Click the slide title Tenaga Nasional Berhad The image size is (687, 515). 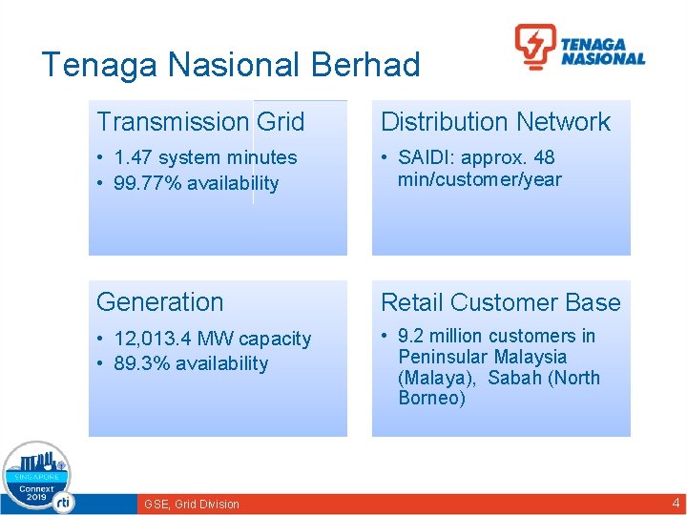tap(231, 65)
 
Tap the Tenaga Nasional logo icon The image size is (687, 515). tap(535, 47)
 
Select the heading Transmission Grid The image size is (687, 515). tap(200, 122)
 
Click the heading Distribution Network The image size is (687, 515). tap(495, 122)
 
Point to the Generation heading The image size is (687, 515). tap(159, 302)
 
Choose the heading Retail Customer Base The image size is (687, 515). tap(500, 303)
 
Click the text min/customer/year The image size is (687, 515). tap(480, 179)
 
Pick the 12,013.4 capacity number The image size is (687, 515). tap(153, 340)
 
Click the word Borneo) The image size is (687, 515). tap(432, 399)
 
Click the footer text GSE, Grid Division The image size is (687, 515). tap(191, 504)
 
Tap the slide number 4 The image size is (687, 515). tap(676, 503)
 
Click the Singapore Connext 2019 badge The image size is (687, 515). tap(36, 478)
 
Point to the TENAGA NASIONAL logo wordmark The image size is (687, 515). tap(602, 51)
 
